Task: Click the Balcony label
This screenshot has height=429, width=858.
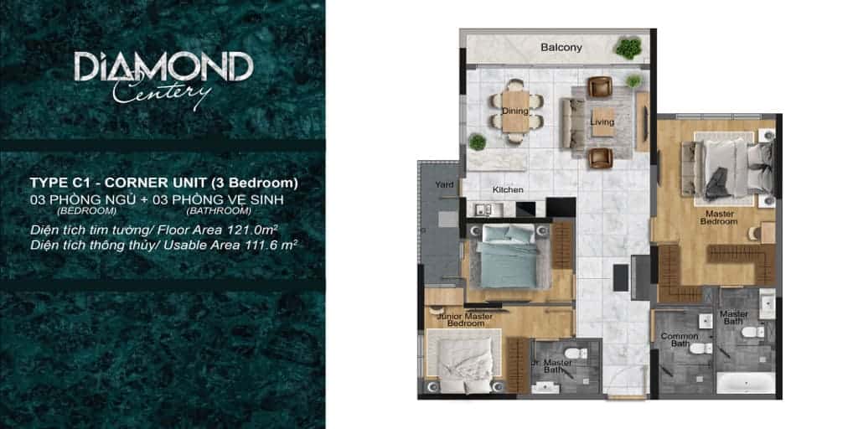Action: [x=561, y=48]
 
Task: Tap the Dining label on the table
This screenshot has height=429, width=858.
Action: [x=514, y=111]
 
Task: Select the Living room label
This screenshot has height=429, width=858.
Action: [x=602, y=122]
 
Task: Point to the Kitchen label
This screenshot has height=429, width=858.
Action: [x=508, y=189]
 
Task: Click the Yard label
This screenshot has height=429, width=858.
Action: [x=444, y=183]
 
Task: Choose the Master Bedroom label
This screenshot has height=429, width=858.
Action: [x=719, y=219]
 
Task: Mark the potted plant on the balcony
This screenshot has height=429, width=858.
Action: [x=627, y=48]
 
